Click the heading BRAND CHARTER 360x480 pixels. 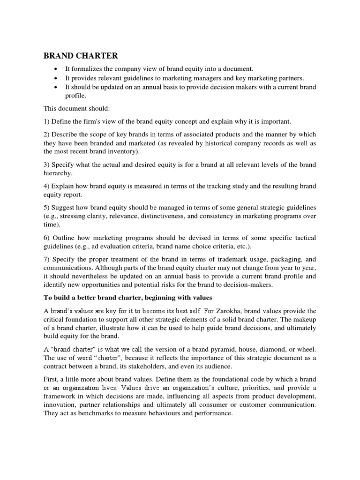(x=81, y=56)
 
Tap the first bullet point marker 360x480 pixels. (x=56, y=68)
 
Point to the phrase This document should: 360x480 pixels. (x=77, y=109)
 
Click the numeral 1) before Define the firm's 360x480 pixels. (x=47, y=122)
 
